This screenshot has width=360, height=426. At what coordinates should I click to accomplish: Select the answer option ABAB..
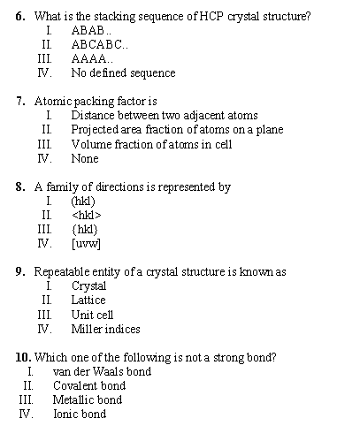tap(89, 31)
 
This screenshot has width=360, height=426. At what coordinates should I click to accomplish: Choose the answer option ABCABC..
tap(101, 45)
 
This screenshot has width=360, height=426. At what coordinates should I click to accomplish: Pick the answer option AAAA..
tap(91, 59)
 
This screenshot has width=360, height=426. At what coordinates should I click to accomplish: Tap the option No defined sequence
tap(123, 73)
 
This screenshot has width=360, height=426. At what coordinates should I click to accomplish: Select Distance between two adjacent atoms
tap(165, 116)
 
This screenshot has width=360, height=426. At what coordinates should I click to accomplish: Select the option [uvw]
tap(86, 243)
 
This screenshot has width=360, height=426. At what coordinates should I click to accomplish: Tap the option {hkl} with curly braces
tap(84, 229)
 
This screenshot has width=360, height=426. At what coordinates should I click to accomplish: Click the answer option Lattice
tap(88, 300)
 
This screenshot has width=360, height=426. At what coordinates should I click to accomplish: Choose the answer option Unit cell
tap(93, 315)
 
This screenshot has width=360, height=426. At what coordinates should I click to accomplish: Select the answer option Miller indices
tap(105, 329)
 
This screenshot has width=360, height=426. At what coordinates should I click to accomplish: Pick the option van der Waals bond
tap(102, 371)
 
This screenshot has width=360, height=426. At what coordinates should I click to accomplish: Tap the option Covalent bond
tap(89, 385)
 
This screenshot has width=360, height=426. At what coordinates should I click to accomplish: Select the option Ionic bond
tap(80, 414)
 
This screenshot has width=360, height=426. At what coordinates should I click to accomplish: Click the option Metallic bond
tap(88, 399)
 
